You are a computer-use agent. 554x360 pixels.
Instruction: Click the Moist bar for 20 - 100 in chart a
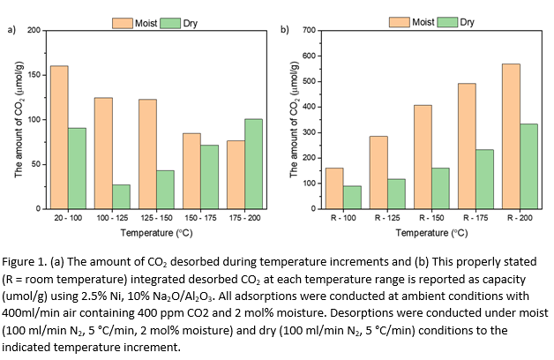tap(59, 137)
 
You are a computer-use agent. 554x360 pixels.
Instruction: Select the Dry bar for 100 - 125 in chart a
tap(121, 197)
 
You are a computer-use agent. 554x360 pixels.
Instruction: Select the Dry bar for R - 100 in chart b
tap(352, 198)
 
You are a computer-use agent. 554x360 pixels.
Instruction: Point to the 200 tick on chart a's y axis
tap(34, 31)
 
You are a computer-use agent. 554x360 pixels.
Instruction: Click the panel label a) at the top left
tap(11, 29)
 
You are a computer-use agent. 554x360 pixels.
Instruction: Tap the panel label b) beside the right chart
tap(284, 29)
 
